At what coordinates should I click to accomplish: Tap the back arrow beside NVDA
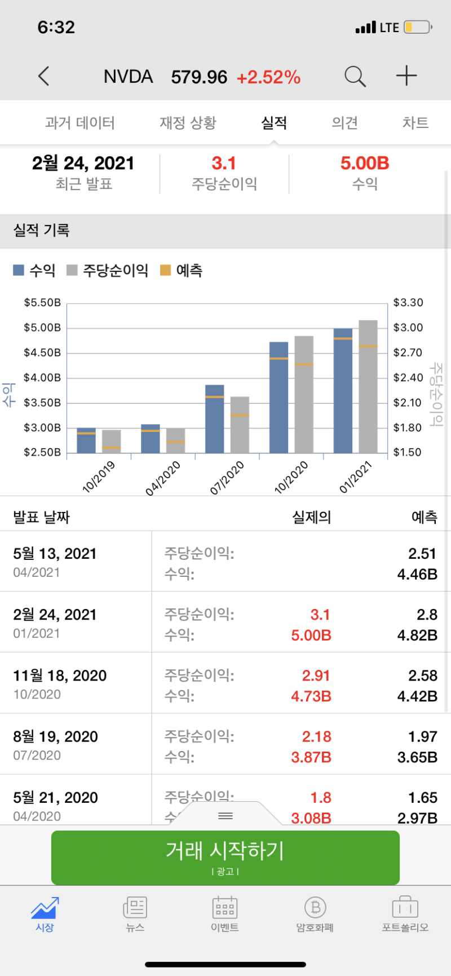[x=44, y=76]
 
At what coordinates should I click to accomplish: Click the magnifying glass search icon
[x=355, y=76]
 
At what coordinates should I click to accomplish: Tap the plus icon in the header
[x=406, y=76]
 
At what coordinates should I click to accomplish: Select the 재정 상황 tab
[x=188, y=123]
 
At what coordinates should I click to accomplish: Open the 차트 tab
[x=415, y=123]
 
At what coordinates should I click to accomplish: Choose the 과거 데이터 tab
[x=80, y=123]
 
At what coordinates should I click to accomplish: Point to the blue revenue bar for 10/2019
[x=86, y=440]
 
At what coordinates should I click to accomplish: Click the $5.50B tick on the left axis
[x=42, y=303]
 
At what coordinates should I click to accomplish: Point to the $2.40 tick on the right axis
[x=408, y=378]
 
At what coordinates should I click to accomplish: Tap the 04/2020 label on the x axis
[x=163, y=478]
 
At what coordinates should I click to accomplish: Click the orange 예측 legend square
[x=166, y=271]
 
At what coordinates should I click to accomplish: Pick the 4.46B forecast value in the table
[x=417, y=575]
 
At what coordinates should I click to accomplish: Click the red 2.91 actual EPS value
[x=316, y=675]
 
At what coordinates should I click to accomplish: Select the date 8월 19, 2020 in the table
[x=56, y=736]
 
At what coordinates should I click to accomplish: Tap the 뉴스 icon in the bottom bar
[x=135, y=913]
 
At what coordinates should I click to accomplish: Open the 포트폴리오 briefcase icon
[x=405, y=913]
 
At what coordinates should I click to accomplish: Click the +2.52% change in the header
[x=268, y=77]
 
